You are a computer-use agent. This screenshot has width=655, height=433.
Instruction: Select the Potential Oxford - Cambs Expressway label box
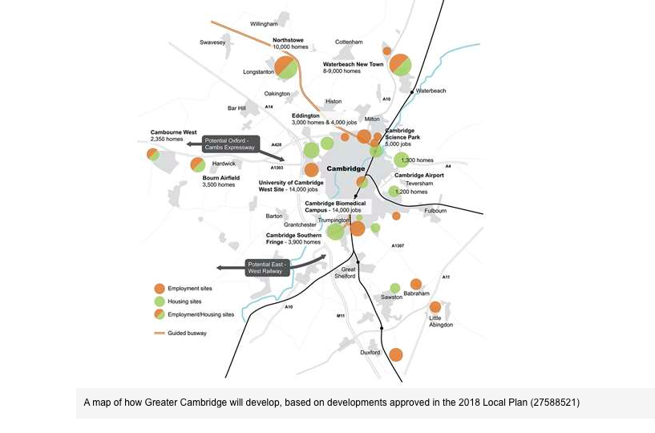pyautogui.click(x=229, y=144)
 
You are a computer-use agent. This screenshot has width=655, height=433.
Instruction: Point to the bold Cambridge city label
pyautogui.click(x=346, y=169)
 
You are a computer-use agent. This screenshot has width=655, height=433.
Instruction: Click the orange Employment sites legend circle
pyautogui.click(x=160, y=289)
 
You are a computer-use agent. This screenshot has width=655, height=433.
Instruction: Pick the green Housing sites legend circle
pyautogui.click(x=160, y=301)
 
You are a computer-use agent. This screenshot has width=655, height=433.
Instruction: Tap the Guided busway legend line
pyautogui.click(x=159, y=332)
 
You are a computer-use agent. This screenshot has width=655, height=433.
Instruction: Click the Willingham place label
pyautogui.click(x=263, y=24)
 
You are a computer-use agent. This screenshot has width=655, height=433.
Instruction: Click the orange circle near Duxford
pyautogui.click(x=395, y=354)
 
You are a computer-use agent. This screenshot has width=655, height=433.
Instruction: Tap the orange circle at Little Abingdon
pyautogui.click(x=435, y=307)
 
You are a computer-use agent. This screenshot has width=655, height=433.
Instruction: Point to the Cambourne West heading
pyautogui.click(x=173, y=132)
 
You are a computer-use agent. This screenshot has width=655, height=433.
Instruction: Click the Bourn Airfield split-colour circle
pyautogui.click(x=197, y=165)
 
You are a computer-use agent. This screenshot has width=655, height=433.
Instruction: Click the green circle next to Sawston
pyautogui.click(x=394, y=288)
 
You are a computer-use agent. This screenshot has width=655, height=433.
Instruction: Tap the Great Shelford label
pyautogui.click(x=354, y=273)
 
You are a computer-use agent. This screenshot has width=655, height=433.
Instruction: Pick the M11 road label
pyautogui.click(x=340, y=316)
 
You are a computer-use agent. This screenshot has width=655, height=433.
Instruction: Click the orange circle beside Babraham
pyautogui.click(x=416, y=284)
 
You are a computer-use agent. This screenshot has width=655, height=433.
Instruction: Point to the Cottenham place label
pyautogui.click(x=349, y=42)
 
